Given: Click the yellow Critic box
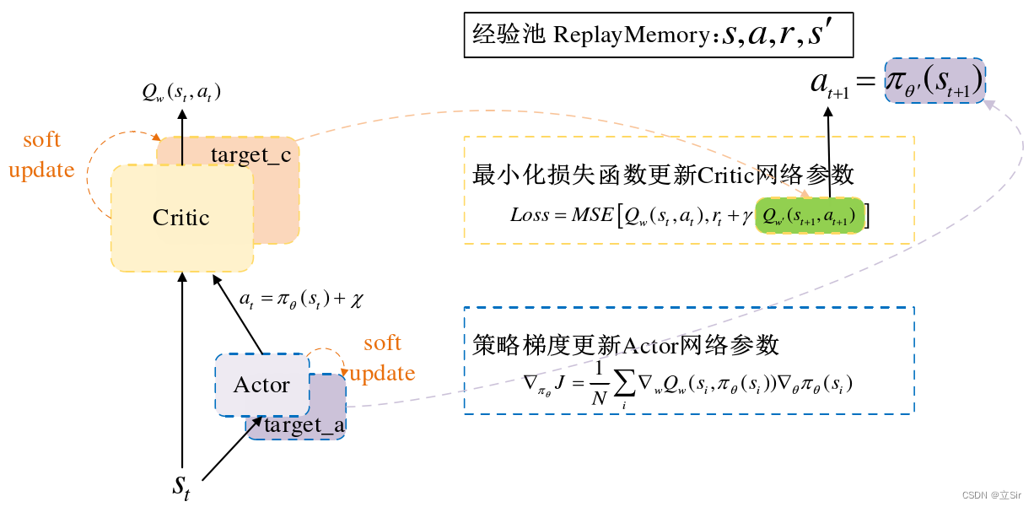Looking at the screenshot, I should click(x=181, y=218).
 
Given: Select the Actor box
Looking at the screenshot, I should click(x=261, y=386).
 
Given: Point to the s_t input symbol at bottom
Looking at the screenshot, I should click(x=181, y=487).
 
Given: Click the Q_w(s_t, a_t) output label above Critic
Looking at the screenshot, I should click(x=181, y=92).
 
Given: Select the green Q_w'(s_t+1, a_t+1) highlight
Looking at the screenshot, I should click(x=810, y=216).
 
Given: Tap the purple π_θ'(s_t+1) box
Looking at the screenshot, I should click(x=934, y=82).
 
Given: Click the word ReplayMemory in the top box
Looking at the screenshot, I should click(x=630, y=36).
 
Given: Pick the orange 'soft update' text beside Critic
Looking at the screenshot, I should click(x=41, y=154).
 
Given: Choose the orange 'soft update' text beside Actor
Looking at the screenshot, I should click(x=382, y=358).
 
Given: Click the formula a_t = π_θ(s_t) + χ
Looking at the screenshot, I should click(x=300, y=299).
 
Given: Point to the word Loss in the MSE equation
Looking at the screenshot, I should click(x=529, y=215).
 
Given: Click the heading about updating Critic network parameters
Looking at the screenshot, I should click(x=664, y=175).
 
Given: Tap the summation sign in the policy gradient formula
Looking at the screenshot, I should click(x=625, y=384).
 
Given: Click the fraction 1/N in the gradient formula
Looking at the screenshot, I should click(x=598, y=385).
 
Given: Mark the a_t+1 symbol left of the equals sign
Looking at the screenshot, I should click(x=829, y=84).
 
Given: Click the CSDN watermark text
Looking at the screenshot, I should click(x=990, y=495).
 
